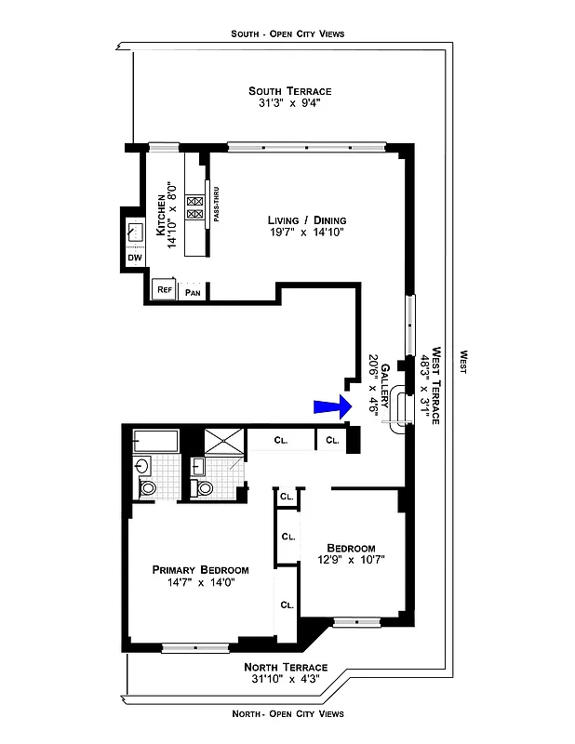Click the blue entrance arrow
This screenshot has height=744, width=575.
tap(330, 405)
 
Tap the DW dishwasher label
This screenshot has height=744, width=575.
tap(134, 257)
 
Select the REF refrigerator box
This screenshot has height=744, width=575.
tap(165, 291)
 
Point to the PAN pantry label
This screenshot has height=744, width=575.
tap(194, 292)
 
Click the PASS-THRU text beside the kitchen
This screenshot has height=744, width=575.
tap(216, 208)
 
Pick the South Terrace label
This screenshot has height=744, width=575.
tap(289, 90)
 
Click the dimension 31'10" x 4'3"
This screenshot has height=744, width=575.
tap(287, 680)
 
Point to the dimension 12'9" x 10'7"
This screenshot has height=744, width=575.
tap(351, 560)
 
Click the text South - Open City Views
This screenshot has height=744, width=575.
tap(287, 33)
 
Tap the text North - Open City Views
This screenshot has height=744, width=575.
tap(287, 713)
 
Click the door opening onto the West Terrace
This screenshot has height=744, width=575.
tap(400, 406)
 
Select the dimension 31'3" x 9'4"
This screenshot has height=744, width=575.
tap(289, 103)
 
